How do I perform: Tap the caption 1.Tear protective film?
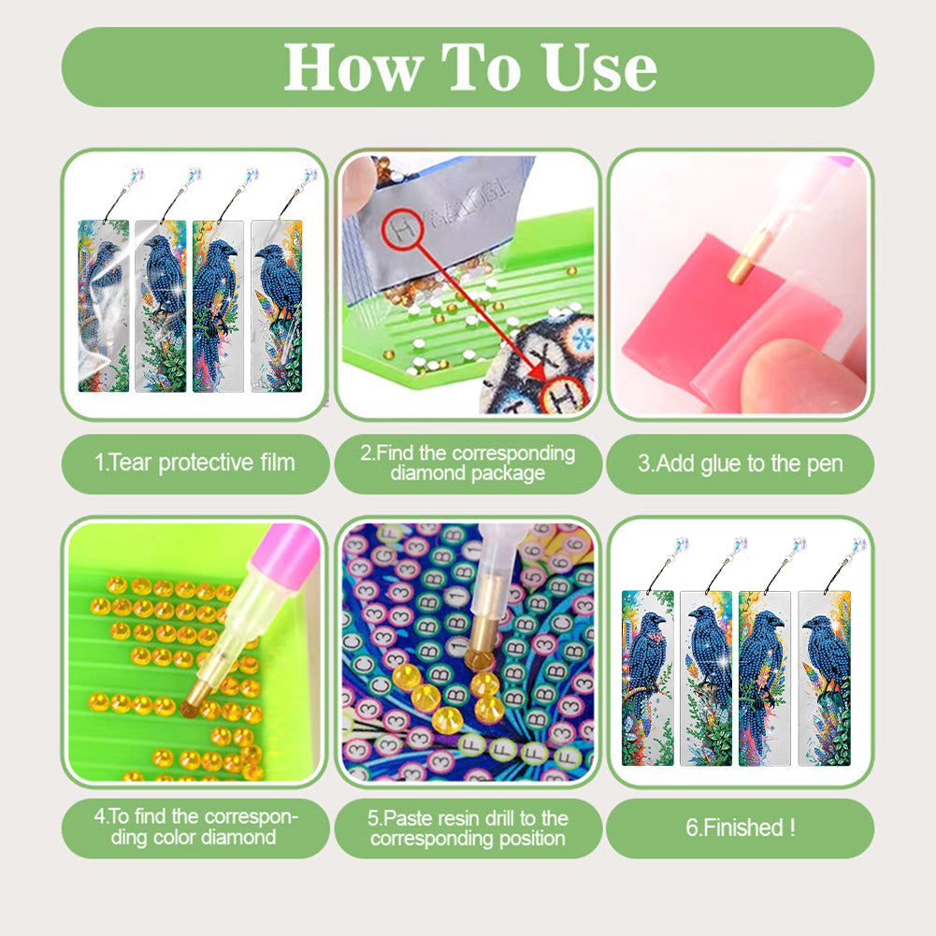194,462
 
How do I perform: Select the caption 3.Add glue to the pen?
741,463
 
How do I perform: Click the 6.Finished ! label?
741,827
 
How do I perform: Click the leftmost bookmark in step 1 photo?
104,305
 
